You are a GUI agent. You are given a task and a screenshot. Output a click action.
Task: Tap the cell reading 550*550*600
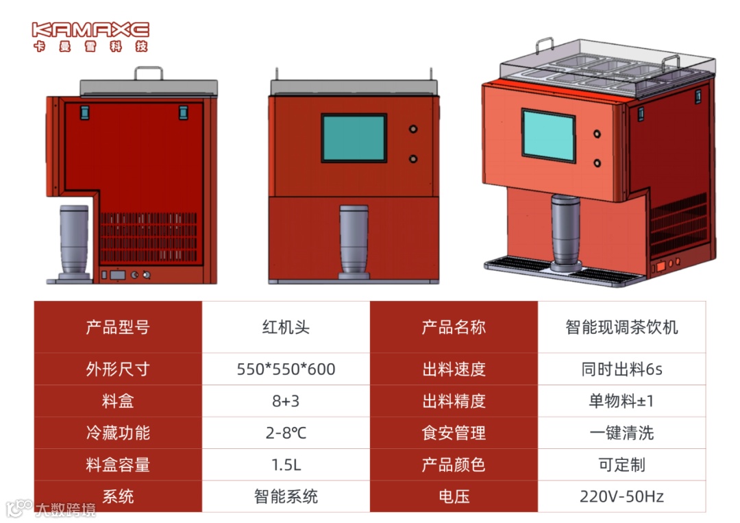pyautogui.click(x=286, y=369)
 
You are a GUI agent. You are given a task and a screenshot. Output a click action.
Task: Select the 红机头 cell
pyautogui.click(x=286, y=327)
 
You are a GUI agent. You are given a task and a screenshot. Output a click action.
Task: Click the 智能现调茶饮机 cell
pyautogui.click(x=621, y=327)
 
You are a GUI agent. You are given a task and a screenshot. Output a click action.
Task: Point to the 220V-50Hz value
pyautogui.click(x=621, y=496)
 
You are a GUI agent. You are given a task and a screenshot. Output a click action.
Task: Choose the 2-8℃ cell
pyautogui.click(x=286, y=433)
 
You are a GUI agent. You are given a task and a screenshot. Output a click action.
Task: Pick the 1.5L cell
pyautogui.click(x=286, y=465)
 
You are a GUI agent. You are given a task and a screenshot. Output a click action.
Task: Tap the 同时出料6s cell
pyautogui.click(x=621, y=369)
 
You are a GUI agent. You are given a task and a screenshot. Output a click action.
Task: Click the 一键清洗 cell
pyautogui.click(x=621, y=433)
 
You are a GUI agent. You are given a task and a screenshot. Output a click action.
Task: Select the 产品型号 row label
pyautogui.click(x=118, y=327)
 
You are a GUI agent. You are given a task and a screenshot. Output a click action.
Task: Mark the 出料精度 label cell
pyautogui.click(x=454, y=401)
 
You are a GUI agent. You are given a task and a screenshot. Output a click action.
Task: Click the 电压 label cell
pyautogui.click(x=454, y=496)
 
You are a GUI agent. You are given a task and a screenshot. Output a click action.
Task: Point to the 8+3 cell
pyautogui.click(x=286, y=401)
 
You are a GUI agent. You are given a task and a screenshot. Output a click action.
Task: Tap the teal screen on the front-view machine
pyautogui.click(x=354, y=138)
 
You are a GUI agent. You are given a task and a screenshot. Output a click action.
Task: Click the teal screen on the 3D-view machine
pyautogui.click(x=548, y=135)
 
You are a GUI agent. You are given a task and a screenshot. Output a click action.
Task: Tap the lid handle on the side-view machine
pyautogui.click(x=149, y=73)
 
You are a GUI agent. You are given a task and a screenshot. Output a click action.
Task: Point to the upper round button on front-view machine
pyautogui.click(x=413, y=129)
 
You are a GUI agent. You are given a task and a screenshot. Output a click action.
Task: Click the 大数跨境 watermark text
pyautogui.click(x=66, y=509)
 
